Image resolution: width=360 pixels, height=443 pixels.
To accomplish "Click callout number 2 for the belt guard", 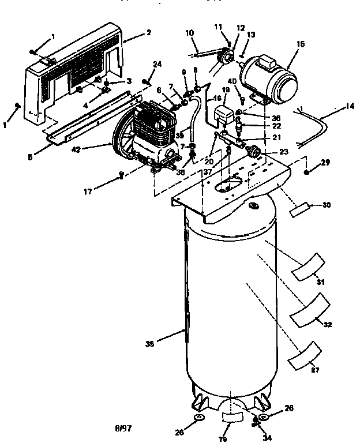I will (x=149, y=33).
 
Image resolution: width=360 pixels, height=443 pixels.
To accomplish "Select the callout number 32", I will (x=328, y=325).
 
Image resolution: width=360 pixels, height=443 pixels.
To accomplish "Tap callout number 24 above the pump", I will (x=158, y=63).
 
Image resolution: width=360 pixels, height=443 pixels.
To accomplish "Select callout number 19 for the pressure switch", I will (x=225, y=91).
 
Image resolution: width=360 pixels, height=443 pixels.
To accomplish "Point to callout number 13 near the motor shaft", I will (x=250, y=35).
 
